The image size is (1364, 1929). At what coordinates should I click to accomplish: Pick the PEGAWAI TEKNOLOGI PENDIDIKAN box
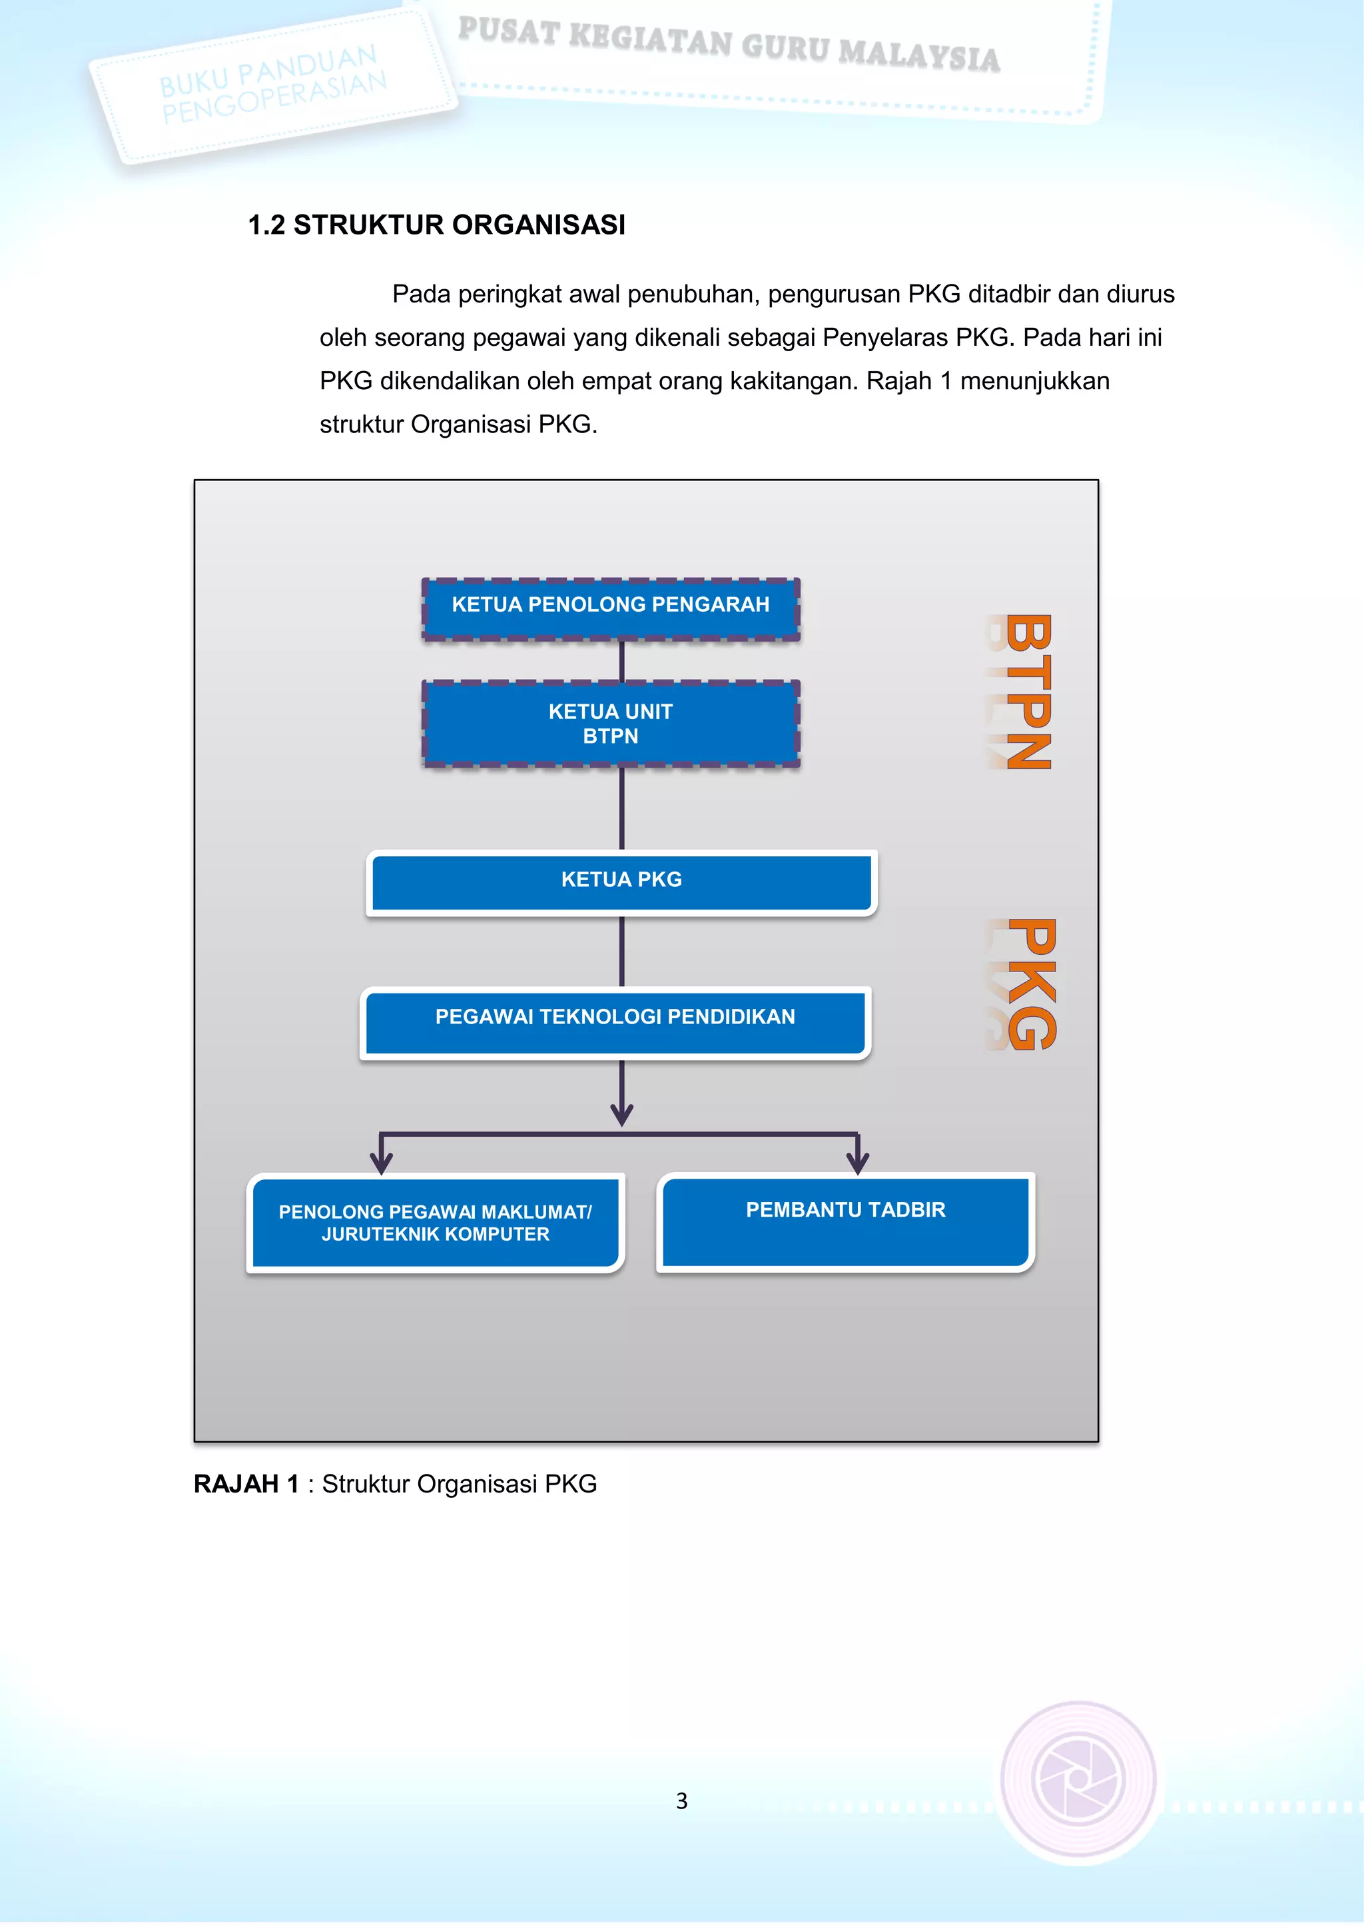click(615, 1021)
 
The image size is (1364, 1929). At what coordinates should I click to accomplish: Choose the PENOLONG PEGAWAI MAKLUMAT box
click(435, 1223)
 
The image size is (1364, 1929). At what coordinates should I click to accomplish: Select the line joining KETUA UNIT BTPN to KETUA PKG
click(621, 808)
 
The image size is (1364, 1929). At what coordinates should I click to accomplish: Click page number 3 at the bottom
click(681, 1800)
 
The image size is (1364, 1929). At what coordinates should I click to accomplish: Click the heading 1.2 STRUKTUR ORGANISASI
click(437, 225)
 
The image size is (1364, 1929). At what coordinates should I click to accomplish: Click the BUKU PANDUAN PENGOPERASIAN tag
click(274, 86)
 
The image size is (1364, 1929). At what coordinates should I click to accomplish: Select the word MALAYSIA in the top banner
click(919, 55)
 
